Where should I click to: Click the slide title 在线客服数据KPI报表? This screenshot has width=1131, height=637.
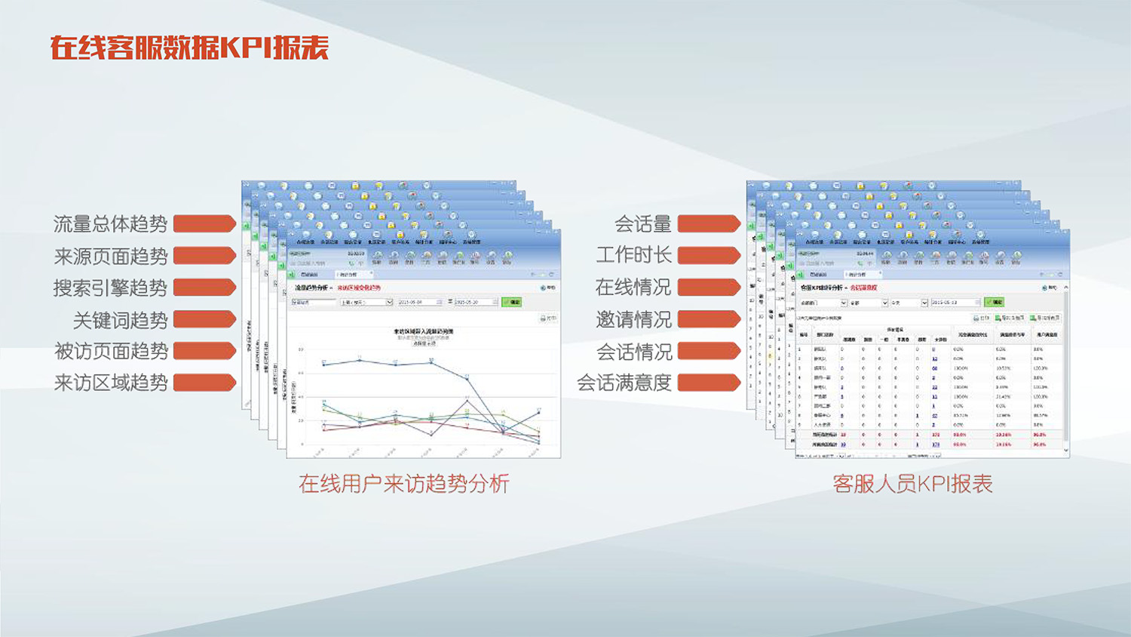tap(189, 48)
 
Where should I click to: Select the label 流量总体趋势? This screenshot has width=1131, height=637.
tap(110, 224)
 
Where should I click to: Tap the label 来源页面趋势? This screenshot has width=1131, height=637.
tap(110, 257)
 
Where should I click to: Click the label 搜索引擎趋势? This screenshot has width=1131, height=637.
tap(110, 288)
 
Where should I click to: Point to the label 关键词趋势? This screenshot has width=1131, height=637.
tap(120, 321)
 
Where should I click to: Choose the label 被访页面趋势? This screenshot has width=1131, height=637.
tap(111, 352)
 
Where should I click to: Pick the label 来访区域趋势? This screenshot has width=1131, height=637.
tap(110, 383)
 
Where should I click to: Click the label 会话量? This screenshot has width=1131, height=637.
tap(642, 224)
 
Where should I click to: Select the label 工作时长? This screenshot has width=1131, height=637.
tap(633, 256)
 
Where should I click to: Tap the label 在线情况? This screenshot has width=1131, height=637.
tap(633, 288)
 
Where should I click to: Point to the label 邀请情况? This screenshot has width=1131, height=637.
tap(633, 320)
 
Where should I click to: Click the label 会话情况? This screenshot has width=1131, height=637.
tap(633, 352)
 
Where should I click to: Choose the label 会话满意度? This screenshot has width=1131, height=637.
tap(624, 383)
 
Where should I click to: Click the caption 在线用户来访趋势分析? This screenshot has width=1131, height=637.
tap(404, 484)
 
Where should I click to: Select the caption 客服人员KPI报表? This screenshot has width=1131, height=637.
tap(912, 484)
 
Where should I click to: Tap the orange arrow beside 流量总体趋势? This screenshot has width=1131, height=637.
tap(204, 223)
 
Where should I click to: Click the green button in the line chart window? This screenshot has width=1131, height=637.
tap(512, 302)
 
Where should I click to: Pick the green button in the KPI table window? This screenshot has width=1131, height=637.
tap(994, 302)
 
